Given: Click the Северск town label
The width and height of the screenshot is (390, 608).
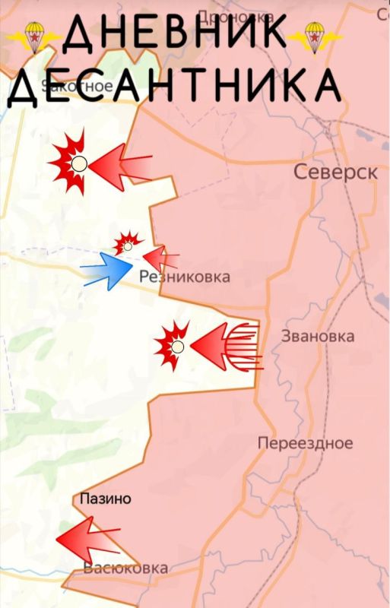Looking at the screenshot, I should click(335, 173).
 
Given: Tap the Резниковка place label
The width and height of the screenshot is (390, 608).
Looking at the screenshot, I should click(185, 278).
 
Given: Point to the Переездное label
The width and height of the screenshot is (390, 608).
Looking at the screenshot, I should click(305, 443).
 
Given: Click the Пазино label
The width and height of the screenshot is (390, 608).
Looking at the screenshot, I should click(106, 499).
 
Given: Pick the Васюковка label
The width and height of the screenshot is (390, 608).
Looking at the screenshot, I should click(125, 568).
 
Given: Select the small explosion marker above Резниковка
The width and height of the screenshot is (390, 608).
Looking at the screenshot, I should click(128, 245).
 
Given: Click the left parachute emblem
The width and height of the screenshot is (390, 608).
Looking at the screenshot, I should click(32, 36).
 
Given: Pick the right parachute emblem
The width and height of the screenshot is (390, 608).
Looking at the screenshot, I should click(312, 36).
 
